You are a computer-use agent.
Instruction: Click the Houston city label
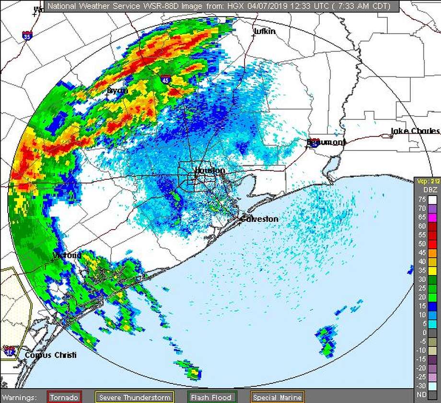210,171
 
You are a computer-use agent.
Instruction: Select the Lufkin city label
265,32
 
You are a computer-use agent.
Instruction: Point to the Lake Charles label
415,131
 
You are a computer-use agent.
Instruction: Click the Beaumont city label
326,143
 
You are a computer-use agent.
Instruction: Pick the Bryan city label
117,91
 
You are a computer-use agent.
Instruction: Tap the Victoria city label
67,255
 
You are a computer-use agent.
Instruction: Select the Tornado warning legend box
64,397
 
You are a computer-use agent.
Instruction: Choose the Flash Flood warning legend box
211,397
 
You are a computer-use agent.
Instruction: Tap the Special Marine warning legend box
278,397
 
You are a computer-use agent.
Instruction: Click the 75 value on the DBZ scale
422,200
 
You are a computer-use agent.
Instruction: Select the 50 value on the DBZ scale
422,244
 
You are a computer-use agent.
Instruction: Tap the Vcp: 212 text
427,181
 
